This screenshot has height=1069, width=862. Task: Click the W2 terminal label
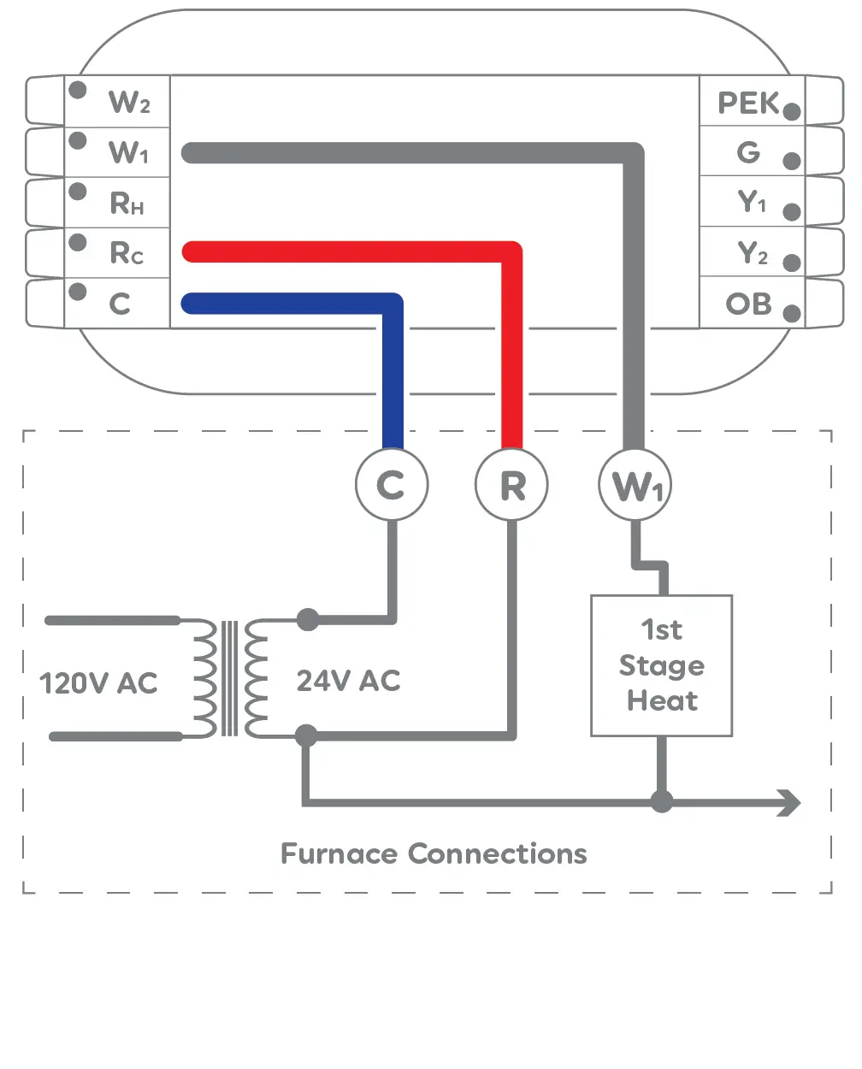click(x=129, y=103)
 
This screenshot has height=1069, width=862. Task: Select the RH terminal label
click(x=127, y=204)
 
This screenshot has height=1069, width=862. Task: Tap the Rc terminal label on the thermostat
click(x=127, y=253)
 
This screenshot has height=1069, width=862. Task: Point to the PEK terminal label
click(x=748, y=103)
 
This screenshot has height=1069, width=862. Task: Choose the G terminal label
click(x=748, y=153)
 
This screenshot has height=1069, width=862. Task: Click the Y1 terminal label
click(x=752, y=203)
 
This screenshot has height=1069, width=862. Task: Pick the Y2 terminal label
click(x=752, y=253)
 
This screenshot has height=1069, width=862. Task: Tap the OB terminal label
click(x=748, y=304)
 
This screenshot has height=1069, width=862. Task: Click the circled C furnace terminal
click(x=392, y=485)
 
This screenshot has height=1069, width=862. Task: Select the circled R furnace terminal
click(x=511, y=485)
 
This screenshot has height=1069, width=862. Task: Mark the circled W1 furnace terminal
click(x=635, y=485)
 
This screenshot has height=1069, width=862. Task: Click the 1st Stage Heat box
click(x=661, y=665)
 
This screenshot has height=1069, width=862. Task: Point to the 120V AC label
click(x=98, y=683)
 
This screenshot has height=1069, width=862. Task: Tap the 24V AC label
click(x=348, y=681)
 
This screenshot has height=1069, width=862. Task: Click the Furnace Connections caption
click(x=434, y=853)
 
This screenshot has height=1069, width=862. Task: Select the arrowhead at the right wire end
click(x=789, y=802)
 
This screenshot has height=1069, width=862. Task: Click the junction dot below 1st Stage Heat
click(x=661, y=801)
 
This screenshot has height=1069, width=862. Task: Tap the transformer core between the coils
click(x=229, y=678)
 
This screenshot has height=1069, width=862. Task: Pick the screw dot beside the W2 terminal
click(x=78, y=90)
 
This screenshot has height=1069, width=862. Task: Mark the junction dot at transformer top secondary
click(x=307, y=619)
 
